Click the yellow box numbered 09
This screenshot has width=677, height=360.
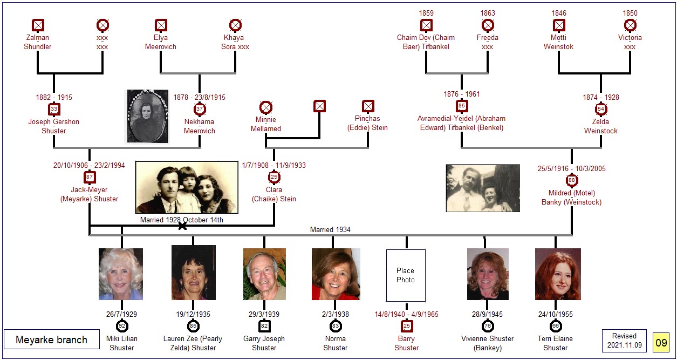click(x=661, y=343)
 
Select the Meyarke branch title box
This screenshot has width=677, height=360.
click(x=52, y=339)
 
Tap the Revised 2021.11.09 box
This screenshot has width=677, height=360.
click(x=625, y=341)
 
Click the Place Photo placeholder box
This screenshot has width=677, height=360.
click(x=406, y=275)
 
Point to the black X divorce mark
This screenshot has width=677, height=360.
click(x=182, y=226)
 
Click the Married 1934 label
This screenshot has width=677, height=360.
click(x=330, y=230)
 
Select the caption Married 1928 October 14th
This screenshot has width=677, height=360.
click(x=182, y=220)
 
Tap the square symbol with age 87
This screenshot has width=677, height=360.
click(x=90, y=178)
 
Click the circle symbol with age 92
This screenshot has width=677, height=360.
click(x=122, y=326)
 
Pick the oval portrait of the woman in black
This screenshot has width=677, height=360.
click(x=148, y=116)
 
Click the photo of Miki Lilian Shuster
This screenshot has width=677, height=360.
click(x=121, y=274)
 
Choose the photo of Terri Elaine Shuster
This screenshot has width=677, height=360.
click(x=558, y=274)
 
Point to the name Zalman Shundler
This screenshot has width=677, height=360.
click(x=37, y=42)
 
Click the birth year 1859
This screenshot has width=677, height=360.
click(x=426, y=13)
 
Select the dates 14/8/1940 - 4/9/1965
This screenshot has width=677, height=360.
click(x=407, y=314)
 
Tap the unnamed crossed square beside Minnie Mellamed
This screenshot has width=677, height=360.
click(x=319, y=106)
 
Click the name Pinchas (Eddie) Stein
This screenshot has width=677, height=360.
click(x=367, y=123)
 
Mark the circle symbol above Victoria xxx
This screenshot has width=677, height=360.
click(x=630, y=25)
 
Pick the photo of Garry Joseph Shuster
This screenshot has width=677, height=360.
click(x=264, y=274)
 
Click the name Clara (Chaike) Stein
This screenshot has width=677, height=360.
click(x=274, y=194)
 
